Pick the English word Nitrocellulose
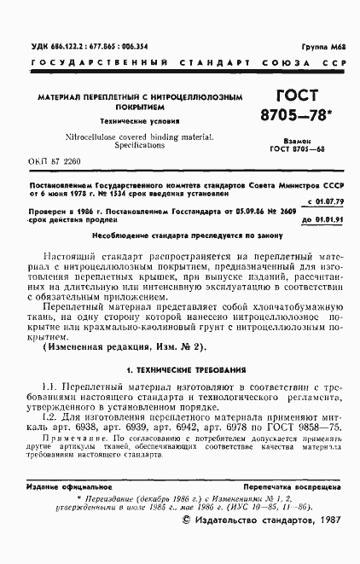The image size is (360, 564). tap(92, 136)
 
